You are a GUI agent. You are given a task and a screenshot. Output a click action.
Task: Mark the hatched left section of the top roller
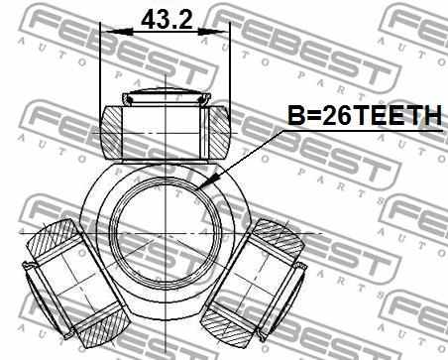(x=115, y=129)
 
